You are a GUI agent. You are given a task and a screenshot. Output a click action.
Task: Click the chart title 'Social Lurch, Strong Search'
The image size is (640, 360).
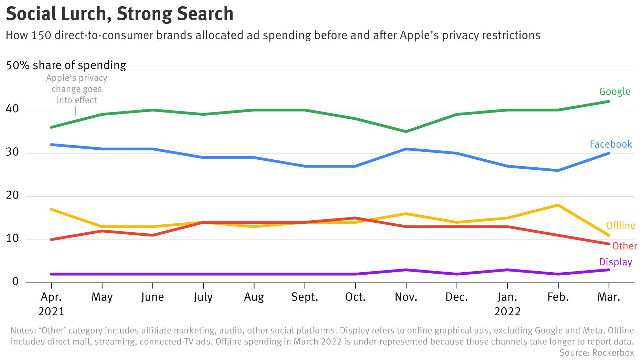119,14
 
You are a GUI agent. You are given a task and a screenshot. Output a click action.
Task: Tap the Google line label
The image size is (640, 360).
615,92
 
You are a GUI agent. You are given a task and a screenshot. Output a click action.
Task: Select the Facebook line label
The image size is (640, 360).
611,144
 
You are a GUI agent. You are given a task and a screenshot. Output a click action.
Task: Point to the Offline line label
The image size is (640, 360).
620,225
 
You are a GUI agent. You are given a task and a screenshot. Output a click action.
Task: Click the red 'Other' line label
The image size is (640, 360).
625,246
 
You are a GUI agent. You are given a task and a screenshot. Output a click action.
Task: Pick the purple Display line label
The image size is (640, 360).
616,262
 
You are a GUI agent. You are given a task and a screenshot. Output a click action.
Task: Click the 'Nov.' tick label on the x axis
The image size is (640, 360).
406,297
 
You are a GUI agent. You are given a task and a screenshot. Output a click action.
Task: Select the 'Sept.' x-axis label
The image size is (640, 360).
305,297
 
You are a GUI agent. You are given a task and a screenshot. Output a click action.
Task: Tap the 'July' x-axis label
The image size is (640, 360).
203,297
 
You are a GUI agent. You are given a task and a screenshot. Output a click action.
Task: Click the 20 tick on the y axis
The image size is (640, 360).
12,195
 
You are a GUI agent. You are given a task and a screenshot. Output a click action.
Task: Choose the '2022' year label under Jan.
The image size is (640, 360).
507,311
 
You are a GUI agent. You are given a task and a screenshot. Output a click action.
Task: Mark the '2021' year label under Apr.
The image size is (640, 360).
51,311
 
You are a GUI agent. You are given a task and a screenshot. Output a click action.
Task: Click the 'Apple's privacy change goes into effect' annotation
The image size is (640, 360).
77,89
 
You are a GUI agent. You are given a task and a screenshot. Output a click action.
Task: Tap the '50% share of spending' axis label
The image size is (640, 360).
66,65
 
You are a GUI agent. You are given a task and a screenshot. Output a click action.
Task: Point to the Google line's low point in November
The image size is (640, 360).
406,131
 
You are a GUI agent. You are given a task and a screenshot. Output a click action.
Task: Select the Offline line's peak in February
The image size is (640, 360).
558,205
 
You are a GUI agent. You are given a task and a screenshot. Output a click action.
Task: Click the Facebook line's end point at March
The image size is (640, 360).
609,153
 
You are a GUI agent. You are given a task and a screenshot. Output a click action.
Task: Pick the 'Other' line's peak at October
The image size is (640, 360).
355,218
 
